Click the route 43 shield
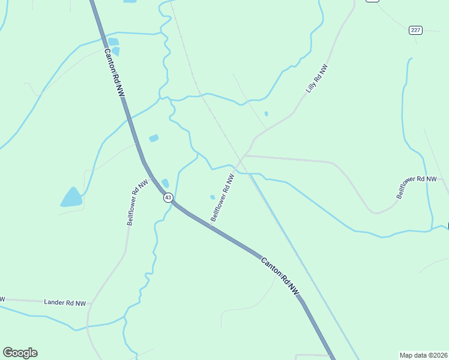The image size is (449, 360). point(168,197)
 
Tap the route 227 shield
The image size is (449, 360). point(415,30)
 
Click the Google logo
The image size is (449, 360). point(20,353)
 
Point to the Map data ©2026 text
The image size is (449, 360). point(423,355)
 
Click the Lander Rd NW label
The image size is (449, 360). point(65,302)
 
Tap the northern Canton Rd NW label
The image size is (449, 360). point(115,74)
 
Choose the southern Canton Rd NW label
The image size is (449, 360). point(280,275)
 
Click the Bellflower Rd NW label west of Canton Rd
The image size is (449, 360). point(137,202)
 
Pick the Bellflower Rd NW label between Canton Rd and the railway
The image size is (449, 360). point(221,197)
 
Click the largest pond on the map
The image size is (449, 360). point(71,197)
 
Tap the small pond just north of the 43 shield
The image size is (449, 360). point(165,183)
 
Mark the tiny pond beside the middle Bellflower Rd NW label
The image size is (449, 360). point(212,197)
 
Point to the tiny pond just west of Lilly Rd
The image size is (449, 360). point(266,113)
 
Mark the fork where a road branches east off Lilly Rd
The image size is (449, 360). point(245,155)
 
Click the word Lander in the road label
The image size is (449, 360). point(55,302)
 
